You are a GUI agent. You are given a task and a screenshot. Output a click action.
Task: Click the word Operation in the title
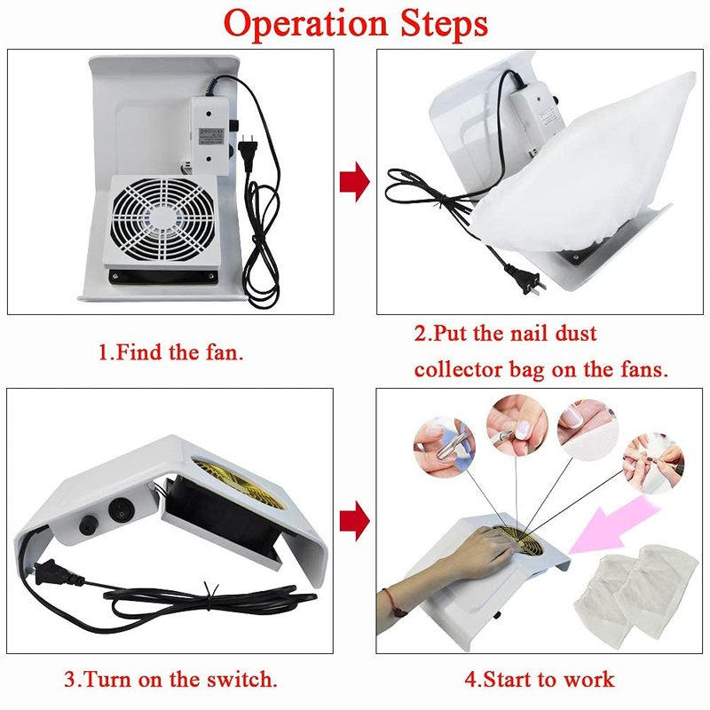pos(306,25)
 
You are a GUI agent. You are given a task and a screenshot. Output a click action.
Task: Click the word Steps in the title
pos(444,23)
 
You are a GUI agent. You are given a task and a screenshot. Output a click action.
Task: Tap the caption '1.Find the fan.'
pos(171,352)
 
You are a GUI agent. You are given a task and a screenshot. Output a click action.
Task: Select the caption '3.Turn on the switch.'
pos(170,680)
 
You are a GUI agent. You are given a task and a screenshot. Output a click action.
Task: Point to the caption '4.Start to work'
pos(540,680)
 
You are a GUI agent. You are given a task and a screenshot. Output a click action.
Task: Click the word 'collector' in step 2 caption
pos(458,369)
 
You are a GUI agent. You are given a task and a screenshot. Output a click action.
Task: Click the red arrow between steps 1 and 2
pos(354,182)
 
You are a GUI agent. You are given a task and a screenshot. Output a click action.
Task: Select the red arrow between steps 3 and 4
pos(354,520)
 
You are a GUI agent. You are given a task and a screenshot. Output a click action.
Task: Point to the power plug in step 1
pos(248,152)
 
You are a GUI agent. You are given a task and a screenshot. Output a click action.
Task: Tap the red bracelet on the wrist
pos(395,603)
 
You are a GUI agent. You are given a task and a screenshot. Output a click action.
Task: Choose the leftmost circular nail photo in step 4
pos(445,447)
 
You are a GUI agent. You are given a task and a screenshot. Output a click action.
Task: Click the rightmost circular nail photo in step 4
pos(653,462)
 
